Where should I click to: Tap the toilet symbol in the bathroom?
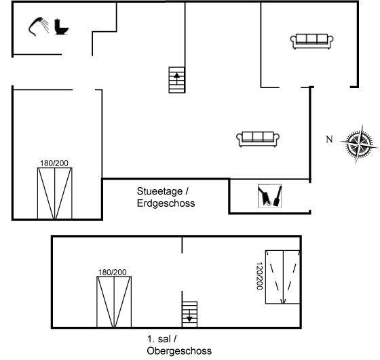click(61, 26)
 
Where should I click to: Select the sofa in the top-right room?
click(311, 41)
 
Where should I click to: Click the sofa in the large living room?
click(258, 139)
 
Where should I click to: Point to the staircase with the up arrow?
click(176, 80)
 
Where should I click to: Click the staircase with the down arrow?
click(189, 315)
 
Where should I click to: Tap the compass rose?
click(360, 144)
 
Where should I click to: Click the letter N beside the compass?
click(329, 139)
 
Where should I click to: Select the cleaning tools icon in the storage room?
click(270, 196)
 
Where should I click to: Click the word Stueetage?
click(159, 191)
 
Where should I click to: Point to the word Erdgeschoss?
click(166, 203)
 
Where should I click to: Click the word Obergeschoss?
click(179, 351)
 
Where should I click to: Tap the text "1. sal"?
click(159, 339)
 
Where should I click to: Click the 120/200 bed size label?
click(259, 276)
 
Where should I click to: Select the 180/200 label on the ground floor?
click(54, 163)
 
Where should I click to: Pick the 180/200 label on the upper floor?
click(112, 273)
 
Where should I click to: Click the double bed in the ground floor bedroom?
click(55, 193)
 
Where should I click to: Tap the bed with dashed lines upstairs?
click(283, 277)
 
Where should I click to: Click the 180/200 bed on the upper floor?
click(114, 302)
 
